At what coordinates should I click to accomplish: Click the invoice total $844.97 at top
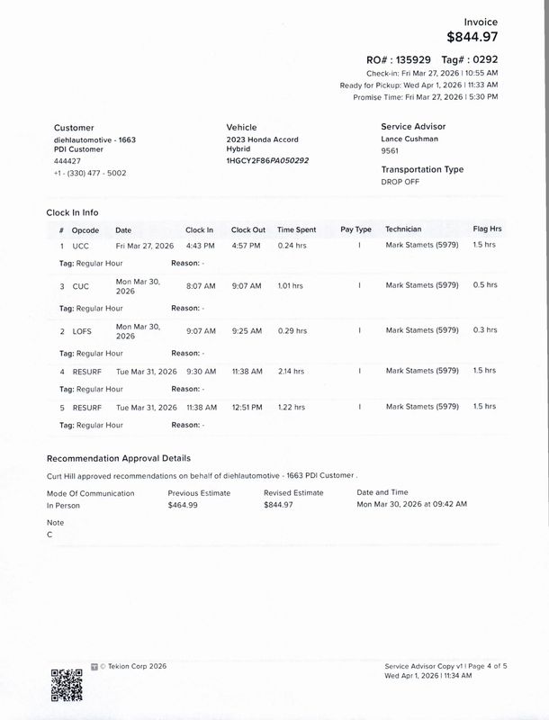pos(472,37)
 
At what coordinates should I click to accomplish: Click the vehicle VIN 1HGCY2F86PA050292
pos(267,160)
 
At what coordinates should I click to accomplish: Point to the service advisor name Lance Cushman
pos(410,139)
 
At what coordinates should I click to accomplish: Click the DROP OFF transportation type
pos(400,181)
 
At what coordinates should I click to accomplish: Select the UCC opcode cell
pos(81,245)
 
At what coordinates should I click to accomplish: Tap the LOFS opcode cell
pos(82,331)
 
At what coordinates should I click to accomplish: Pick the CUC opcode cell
pos(81,286)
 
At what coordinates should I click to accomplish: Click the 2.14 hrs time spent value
pos(291,371)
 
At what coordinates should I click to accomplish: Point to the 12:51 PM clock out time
pos(247,407)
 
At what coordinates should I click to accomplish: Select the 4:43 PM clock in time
pos(200,245)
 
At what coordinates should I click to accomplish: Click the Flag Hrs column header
pos(487,229)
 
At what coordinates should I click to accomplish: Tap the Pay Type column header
pos(356,229)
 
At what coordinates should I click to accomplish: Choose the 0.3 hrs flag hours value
pos(484,330)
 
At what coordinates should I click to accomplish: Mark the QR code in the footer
pos(67,685)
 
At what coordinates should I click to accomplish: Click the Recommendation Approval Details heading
pos(118,458)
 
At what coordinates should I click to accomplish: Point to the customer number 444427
pos(67,160)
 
